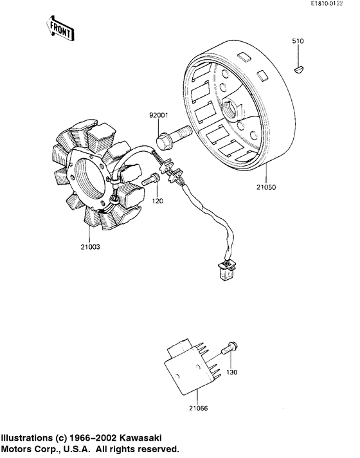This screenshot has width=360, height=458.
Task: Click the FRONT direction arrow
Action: [x=59, y=28]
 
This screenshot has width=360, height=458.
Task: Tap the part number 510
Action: [x=298, y=41]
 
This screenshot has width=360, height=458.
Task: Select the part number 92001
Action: [x=159, y=116]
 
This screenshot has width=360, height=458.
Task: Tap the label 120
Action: [x=157, y=201]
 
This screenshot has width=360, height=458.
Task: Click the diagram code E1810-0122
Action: [x=332, y=5]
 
